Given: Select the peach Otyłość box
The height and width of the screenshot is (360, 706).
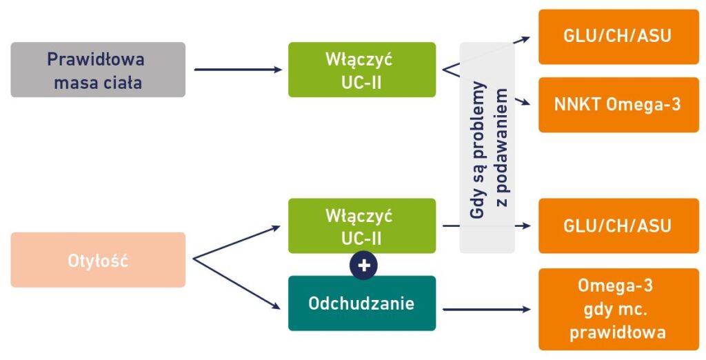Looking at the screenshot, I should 98,260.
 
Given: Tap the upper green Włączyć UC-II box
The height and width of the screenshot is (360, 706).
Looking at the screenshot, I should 361,70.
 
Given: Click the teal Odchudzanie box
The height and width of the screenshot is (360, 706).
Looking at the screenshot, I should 361,303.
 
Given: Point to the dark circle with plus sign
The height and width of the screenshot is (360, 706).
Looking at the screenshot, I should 363,266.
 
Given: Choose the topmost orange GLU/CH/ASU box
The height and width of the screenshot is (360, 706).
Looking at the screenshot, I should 618,37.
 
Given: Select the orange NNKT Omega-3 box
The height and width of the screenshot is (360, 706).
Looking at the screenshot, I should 618,104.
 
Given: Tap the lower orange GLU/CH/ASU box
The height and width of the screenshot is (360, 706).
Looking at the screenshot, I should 618,226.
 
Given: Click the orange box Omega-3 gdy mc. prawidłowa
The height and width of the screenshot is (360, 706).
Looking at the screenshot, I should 618,308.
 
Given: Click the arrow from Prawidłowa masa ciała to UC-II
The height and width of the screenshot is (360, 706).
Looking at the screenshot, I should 238,70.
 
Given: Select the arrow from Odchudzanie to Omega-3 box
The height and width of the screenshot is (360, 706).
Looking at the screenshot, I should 486,310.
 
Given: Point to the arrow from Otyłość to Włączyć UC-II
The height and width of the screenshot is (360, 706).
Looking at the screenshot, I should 238,241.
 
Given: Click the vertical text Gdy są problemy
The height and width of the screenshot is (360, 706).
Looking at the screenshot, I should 478,150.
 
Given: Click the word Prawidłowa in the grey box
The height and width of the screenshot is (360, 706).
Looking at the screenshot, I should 96,59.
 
